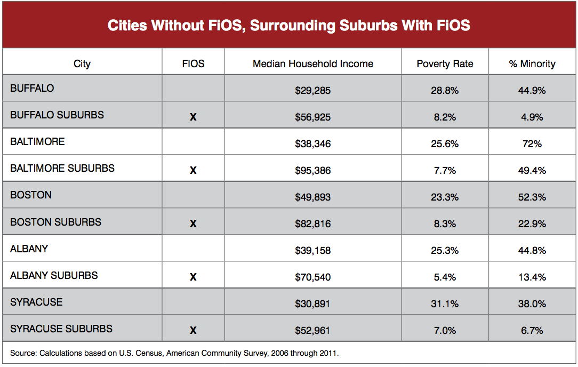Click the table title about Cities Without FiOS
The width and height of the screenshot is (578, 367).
click(x=288, y=25)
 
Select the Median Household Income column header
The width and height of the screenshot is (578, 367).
click(x=312, y=63)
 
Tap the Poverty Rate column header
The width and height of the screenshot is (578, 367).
click(x=445, y=63)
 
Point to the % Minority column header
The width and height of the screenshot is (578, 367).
click(x=532, y=63)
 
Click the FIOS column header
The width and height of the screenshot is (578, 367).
click(x=193, y=63)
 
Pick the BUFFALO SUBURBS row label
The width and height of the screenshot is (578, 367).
click(x=57, y=115)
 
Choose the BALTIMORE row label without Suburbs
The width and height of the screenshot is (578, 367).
click(x=37, y=141)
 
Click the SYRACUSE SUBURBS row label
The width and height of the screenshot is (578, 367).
click(x=61, y=329)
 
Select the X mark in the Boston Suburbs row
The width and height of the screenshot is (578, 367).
click(x=193, y=224)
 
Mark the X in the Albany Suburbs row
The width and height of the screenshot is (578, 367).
click(x=193, y=277)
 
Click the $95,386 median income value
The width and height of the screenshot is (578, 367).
click(x=312, y=171)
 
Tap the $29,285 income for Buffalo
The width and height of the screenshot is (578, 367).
click(x=312, y=91)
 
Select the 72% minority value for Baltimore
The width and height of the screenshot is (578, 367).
click(x=532, y=144)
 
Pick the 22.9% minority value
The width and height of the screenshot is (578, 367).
click(x=532, y=224)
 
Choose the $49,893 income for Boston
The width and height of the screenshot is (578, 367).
click(x=312, y=197)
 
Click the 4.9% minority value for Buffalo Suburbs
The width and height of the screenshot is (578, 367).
click(x=532, y=117)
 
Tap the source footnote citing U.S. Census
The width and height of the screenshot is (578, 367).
click(x=174, y=353)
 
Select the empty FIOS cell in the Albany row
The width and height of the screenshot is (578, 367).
click(x=193, y=249)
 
